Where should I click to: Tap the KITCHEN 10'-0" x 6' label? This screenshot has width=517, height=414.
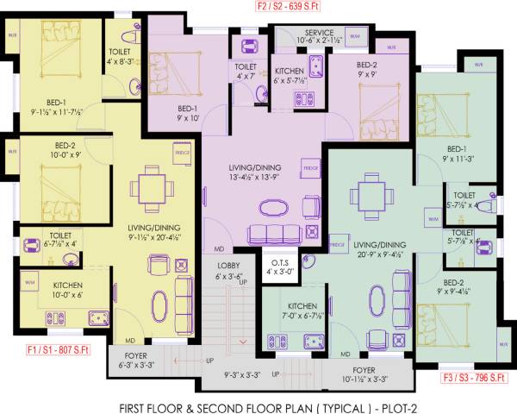[x=67, y=289]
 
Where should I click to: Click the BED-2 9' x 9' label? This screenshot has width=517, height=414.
[x=368, y=69]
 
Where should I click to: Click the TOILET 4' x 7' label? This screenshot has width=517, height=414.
[x=246, y=71]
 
